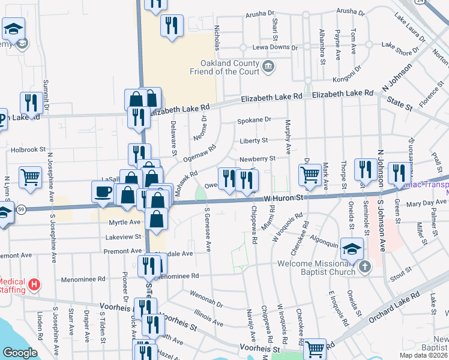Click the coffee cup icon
tap(104, 191)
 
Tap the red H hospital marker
tap(35, 284)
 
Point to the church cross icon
tap(364, 266)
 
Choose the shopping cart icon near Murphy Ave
tap(310, 175)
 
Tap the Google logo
tap(19, 353)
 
